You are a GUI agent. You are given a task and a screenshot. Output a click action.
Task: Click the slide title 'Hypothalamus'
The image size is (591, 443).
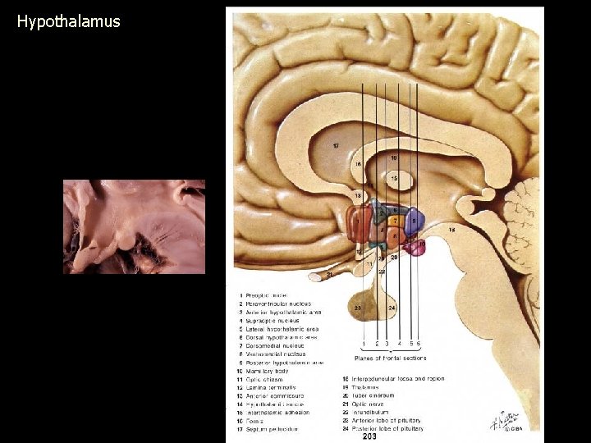[x=68, y=21]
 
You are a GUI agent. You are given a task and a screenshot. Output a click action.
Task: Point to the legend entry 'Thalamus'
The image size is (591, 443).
[x=368, y=387]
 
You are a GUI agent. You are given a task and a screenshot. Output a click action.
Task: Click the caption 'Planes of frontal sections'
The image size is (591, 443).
[x=391, y=358]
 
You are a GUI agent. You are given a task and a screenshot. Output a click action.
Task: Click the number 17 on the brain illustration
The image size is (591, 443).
[x=336, y=146]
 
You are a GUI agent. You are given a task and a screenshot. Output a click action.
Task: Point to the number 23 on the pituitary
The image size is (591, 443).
[x=358, y=308]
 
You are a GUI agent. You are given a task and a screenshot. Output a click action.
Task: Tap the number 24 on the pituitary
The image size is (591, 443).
[x=392, y=308]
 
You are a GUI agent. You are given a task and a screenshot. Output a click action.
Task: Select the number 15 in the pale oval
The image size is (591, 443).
[x=394, y=178]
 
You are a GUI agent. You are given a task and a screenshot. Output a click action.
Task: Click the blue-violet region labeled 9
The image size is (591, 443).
[x=415, y=221]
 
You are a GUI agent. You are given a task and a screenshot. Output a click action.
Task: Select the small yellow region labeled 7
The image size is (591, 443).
[x=395, y=221]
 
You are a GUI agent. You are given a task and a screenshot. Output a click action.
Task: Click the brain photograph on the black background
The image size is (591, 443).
[x=134, y=226]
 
